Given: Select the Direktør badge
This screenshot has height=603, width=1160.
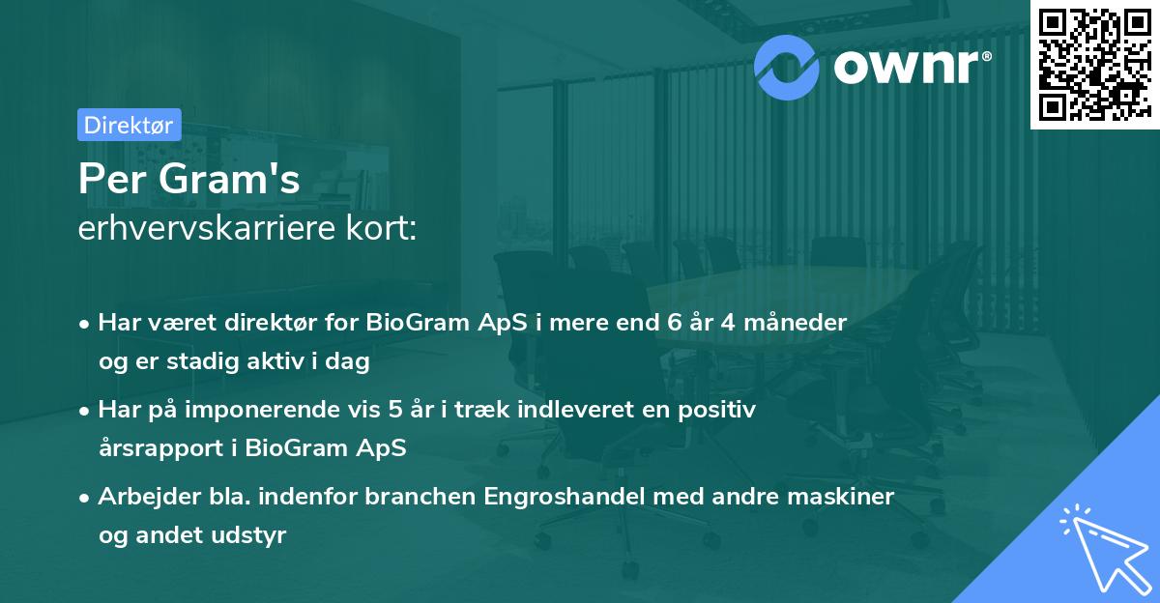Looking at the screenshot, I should tap(129, 125).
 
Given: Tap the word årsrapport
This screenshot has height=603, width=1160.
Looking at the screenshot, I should tap(159, 447).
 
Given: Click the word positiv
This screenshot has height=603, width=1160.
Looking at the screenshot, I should tap(721, 410).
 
